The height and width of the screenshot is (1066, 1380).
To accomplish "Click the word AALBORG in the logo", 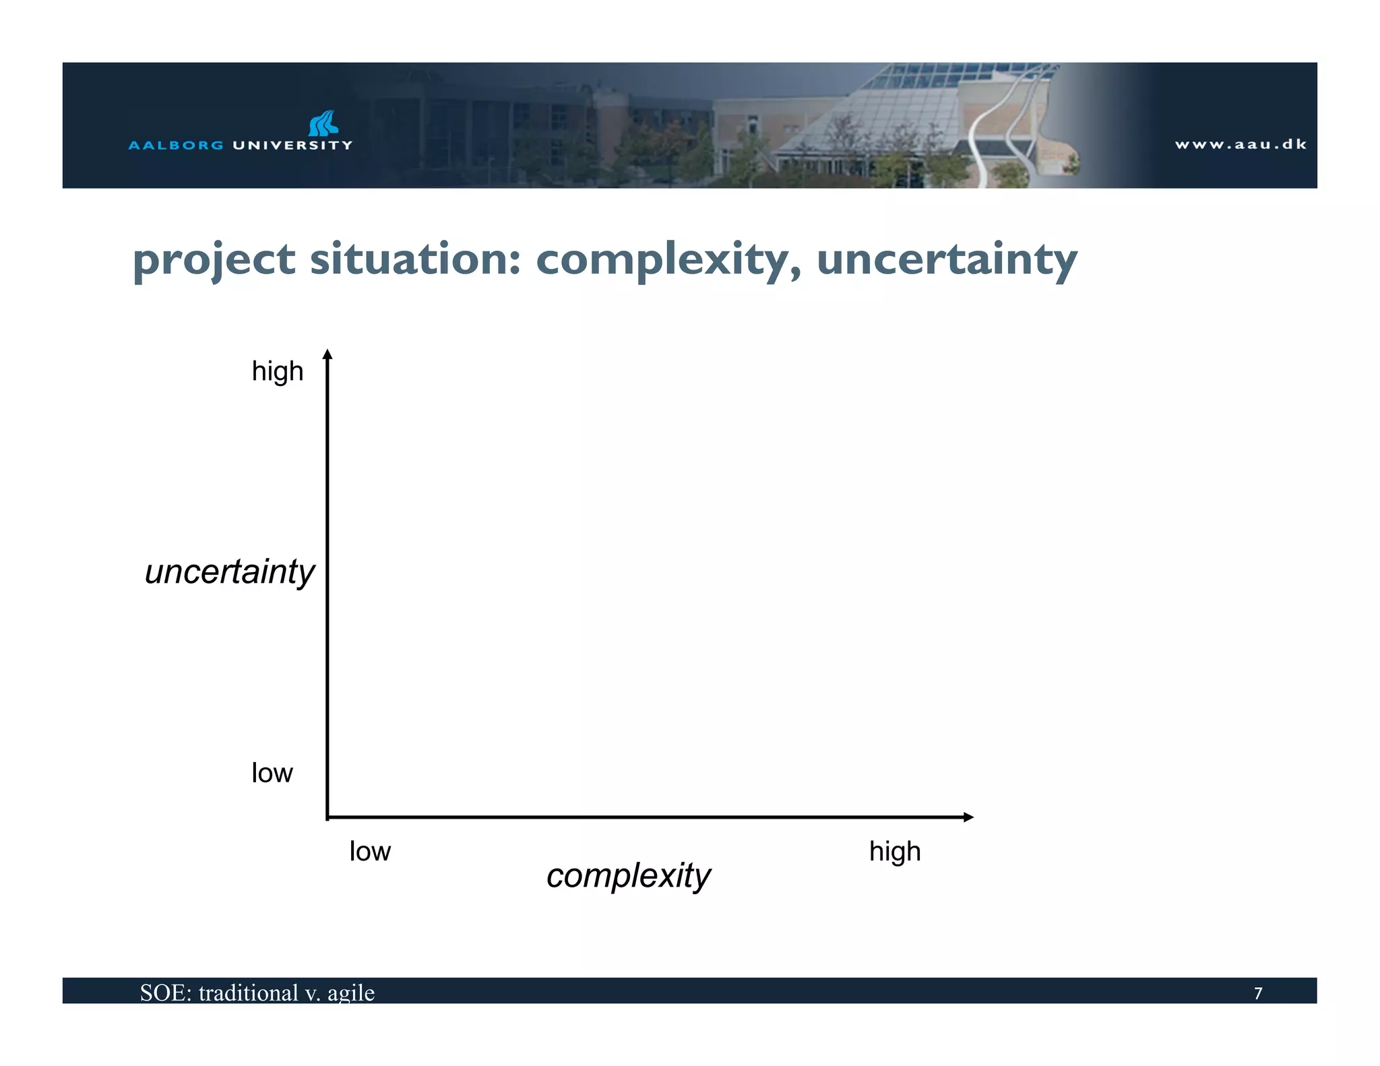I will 175,145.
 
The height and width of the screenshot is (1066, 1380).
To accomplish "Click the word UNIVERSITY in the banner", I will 292,145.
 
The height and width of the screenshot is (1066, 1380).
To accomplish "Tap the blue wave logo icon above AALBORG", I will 323,123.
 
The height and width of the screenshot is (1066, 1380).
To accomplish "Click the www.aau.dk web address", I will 1241,144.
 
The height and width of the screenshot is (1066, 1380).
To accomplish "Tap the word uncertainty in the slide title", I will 947,259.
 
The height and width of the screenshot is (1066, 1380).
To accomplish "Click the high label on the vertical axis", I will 278,372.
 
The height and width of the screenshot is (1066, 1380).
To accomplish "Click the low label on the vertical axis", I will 272,773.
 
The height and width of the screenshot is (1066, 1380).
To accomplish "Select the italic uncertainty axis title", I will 230,572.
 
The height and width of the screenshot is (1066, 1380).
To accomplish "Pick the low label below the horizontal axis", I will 370,852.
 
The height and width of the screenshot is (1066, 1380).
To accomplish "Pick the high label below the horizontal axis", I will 895,852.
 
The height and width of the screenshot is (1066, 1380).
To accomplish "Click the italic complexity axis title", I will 628,876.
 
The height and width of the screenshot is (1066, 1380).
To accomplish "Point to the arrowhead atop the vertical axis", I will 327,354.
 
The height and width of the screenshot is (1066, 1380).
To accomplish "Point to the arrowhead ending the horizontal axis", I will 968,817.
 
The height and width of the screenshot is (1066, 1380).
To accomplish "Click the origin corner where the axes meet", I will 327,817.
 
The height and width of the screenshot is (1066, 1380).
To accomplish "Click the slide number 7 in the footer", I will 1257,993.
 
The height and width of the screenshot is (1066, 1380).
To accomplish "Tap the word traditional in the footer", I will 248,993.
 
